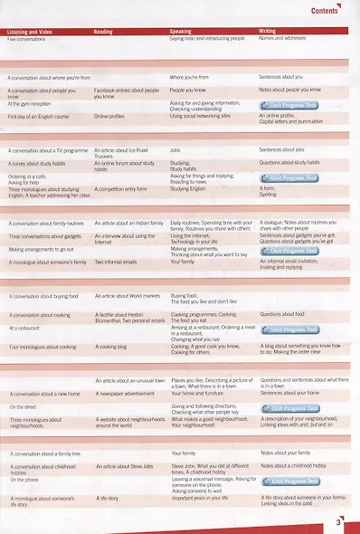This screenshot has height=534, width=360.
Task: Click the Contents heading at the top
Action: tap(324, 11)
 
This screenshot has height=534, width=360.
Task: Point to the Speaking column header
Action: tap(181, 32)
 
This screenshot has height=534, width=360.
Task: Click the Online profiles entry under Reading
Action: tap(109, 117)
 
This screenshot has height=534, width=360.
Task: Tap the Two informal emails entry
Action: tap(115, 262)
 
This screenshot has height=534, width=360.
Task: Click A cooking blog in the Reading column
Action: tap(112, 346)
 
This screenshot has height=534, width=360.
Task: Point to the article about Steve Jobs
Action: tap(122, 465)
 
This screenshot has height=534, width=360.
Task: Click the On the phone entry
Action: tap(25, 479)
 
